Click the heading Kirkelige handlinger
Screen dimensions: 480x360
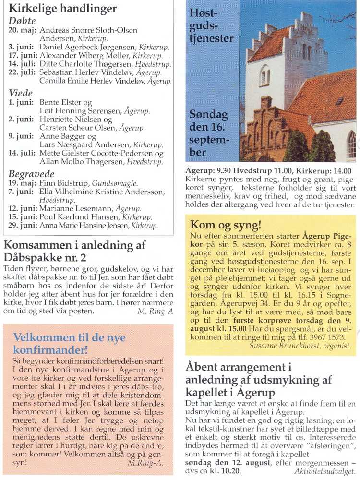[62, 9]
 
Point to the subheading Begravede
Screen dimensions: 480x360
[31, 174]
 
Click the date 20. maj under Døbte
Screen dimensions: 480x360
[23, 30]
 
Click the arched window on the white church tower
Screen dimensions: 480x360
[264, 76]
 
